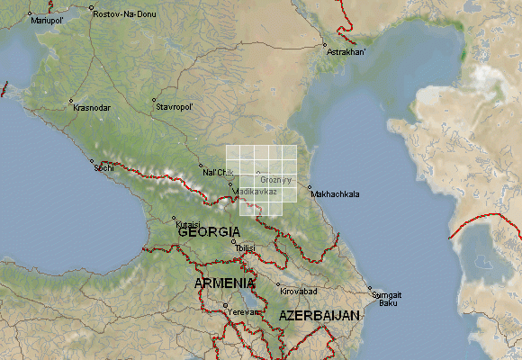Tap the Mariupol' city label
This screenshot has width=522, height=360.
coord(48,21)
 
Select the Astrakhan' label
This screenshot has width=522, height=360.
coord(346,52)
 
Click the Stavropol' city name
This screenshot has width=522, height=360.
coord(175,106)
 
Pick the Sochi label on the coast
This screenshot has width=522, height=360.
coord(104,168)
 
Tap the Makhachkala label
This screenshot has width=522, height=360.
coord(334,193)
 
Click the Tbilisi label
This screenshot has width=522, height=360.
coord(246,247)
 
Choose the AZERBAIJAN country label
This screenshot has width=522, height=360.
coord(319,315)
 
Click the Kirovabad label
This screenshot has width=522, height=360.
coord(299,292)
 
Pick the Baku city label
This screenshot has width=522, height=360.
coord(388,303)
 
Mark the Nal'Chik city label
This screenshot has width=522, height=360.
coord(218,172)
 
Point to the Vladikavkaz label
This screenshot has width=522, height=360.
coord(256,192)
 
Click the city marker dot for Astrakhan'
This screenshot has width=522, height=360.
coord(325,44)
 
